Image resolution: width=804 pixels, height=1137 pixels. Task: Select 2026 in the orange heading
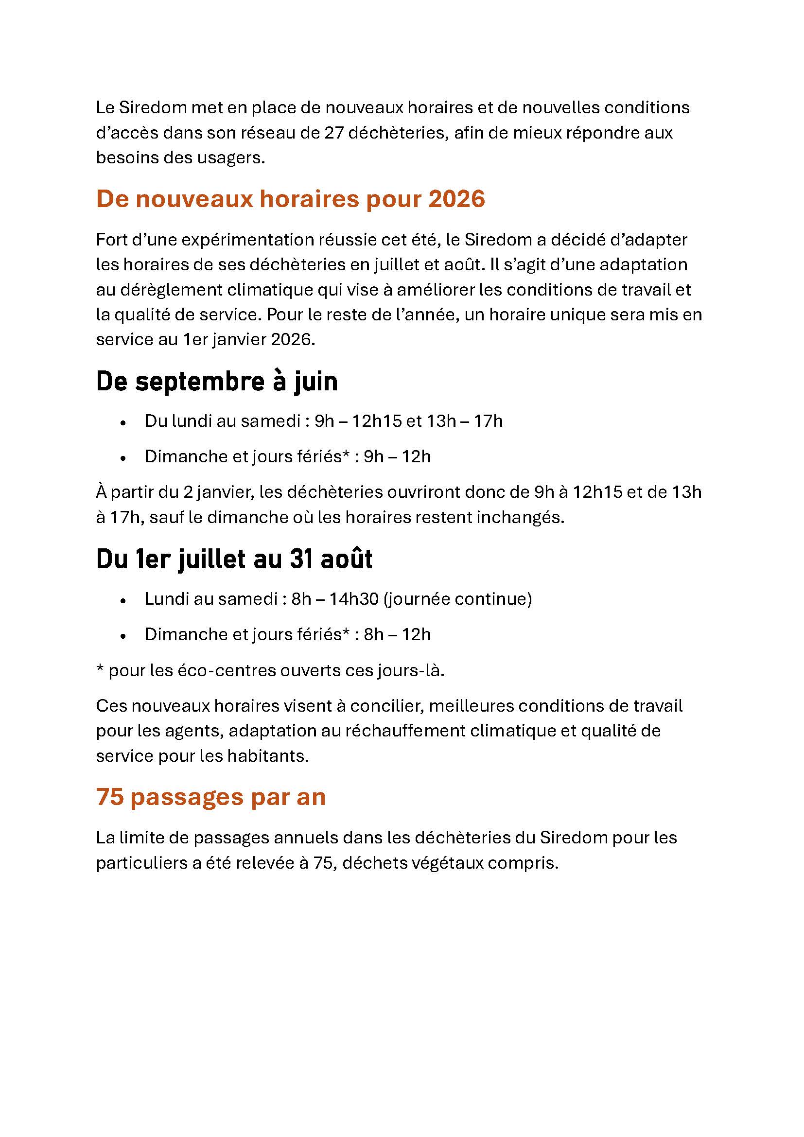(x=456, y=199)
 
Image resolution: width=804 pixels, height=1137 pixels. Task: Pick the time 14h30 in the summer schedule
(x=354, y=599)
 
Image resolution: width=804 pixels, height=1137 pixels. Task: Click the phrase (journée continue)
(x=457, y=599)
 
